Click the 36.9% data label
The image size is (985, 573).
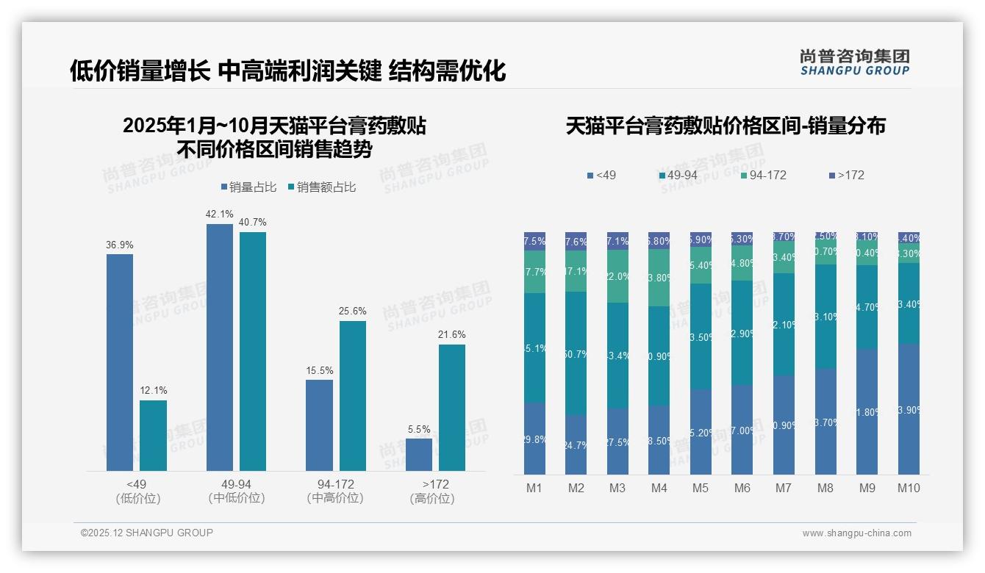click(x=120, y=245)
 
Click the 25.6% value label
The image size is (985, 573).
click(x=353, y=311)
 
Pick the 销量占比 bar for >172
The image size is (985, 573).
click(x=419, y=454)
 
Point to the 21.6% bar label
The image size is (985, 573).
click(x=452, y=335)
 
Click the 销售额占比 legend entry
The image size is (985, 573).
click(x=322, y=187)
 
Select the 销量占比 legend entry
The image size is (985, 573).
click(x=248, y=187)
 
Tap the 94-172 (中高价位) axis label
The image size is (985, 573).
click(x=335, y=491)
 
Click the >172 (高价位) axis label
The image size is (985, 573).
click(x=436, y=491)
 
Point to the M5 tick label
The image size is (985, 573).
click(x=701, y=488)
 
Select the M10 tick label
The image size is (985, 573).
click(x=909, y=488)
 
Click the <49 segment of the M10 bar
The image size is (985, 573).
click(x=909, y=408)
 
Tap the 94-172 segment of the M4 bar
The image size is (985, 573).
click(x=659, y=278)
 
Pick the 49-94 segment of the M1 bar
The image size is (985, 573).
click(x=534, y=347)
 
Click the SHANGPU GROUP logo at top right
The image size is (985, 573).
click(x=855, y=62)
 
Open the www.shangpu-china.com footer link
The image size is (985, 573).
click(x=856, y=533)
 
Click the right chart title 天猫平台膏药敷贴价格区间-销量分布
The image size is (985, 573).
click(x=725, y=126)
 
